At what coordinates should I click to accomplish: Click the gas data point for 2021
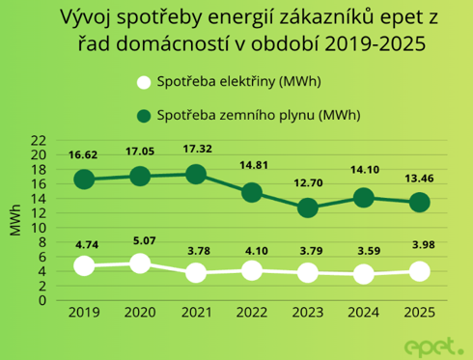click(196, 175)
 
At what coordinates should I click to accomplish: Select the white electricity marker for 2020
click(140, 263)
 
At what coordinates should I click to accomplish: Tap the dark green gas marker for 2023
click(308, 208)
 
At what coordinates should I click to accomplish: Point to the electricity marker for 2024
click(364, 274)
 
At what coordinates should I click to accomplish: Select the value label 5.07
click(140, 240)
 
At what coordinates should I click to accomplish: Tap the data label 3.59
click(364, 251)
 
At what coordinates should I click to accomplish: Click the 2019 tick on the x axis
click(84, 313)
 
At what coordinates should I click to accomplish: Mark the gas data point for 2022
click(252, 192)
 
